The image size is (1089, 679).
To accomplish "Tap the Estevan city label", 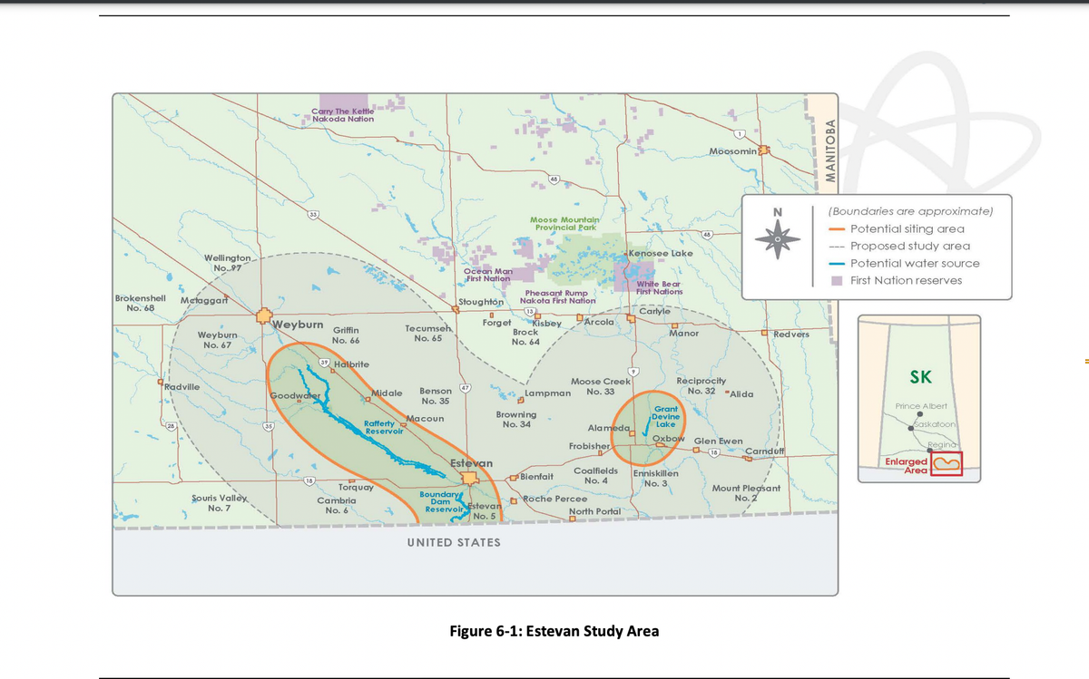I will point(472,463).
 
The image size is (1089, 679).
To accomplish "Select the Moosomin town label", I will point(733,150).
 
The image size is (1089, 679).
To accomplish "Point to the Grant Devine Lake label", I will point(666,417).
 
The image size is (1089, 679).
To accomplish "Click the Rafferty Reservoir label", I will point(383,427).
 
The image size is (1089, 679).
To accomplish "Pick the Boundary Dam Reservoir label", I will point(441,501).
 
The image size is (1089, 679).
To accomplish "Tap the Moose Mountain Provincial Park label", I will point(564,223).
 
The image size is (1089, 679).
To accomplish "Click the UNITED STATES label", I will point(454,542).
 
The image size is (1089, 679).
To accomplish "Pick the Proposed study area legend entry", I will point(910,246).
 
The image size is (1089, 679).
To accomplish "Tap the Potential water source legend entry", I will point(915,263).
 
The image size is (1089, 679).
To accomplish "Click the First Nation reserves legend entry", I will point(906,280).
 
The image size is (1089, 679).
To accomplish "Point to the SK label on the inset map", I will point(919,377).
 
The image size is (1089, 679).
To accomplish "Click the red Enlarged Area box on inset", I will point(946,462).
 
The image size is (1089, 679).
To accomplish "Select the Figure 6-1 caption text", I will point(554,631).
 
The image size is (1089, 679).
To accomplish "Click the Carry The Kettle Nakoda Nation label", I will point(342,114).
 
